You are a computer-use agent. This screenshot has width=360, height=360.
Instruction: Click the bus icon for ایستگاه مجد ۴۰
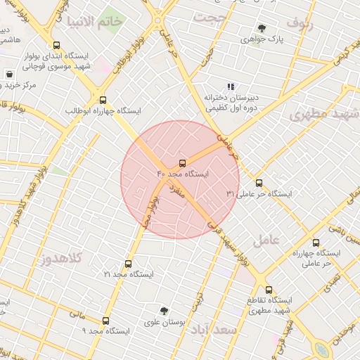[x=184, y=162]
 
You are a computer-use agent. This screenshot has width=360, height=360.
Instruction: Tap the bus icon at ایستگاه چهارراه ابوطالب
[x=103, y=100]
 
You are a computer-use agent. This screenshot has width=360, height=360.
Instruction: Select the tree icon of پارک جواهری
[x=262, y=29]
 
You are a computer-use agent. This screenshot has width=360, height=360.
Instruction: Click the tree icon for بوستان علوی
[x=165, y=311]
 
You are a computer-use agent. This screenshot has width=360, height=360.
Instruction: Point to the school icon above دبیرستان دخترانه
[x=231, y=86]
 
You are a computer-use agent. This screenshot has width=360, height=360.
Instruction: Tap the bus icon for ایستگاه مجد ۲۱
[x=127, y=263]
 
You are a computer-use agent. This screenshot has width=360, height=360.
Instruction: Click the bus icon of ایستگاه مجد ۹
[x=106, y=320]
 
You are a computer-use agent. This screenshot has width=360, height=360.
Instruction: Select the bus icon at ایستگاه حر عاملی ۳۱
[x=259, y=183]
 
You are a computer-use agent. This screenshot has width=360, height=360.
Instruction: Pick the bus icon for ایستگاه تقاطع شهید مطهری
[x=269, y=289]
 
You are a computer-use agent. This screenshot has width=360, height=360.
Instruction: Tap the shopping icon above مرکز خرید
[x=9, y=74]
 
